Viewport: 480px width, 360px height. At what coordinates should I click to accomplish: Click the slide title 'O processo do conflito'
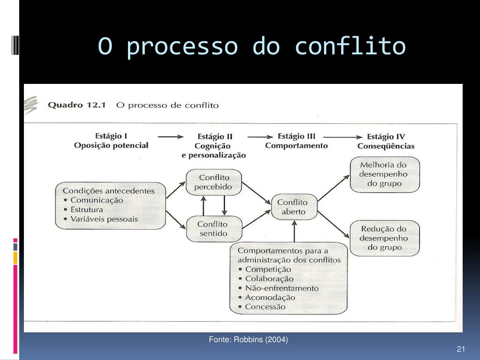252,47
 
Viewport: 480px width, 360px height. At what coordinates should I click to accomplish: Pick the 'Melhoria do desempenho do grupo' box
384,174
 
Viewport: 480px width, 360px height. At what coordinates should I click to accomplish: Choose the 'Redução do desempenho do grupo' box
384,238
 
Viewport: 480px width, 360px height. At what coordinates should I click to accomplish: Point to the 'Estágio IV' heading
385,137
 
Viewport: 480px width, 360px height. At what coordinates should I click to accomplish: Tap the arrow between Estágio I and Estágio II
171,137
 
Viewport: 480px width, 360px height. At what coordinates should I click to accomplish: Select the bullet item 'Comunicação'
97,200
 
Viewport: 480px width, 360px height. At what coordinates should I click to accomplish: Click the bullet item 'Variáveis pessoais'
104,219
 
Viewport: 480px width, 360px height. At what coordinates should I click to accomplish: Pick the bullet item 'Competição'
268,270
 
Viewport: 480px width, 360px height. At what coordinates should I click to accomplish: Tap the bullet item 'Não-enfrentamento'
281,288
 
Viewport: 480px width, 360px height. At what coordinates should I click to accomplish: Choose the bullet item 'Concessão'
265,307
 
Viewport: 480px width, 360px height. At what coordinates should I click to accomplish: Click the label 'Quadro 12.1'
78,105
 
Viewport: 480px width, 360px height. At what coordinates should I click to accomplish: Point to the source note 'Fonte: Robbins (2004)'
248,339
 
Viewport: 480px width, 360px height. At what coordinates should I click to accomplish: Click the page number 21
460,349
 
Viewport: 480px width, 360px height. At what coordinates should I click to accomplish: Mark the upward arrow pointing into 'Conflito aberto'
294,232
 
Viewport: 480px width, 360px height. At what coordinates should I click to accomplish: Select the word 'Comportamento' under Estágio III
296,146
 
